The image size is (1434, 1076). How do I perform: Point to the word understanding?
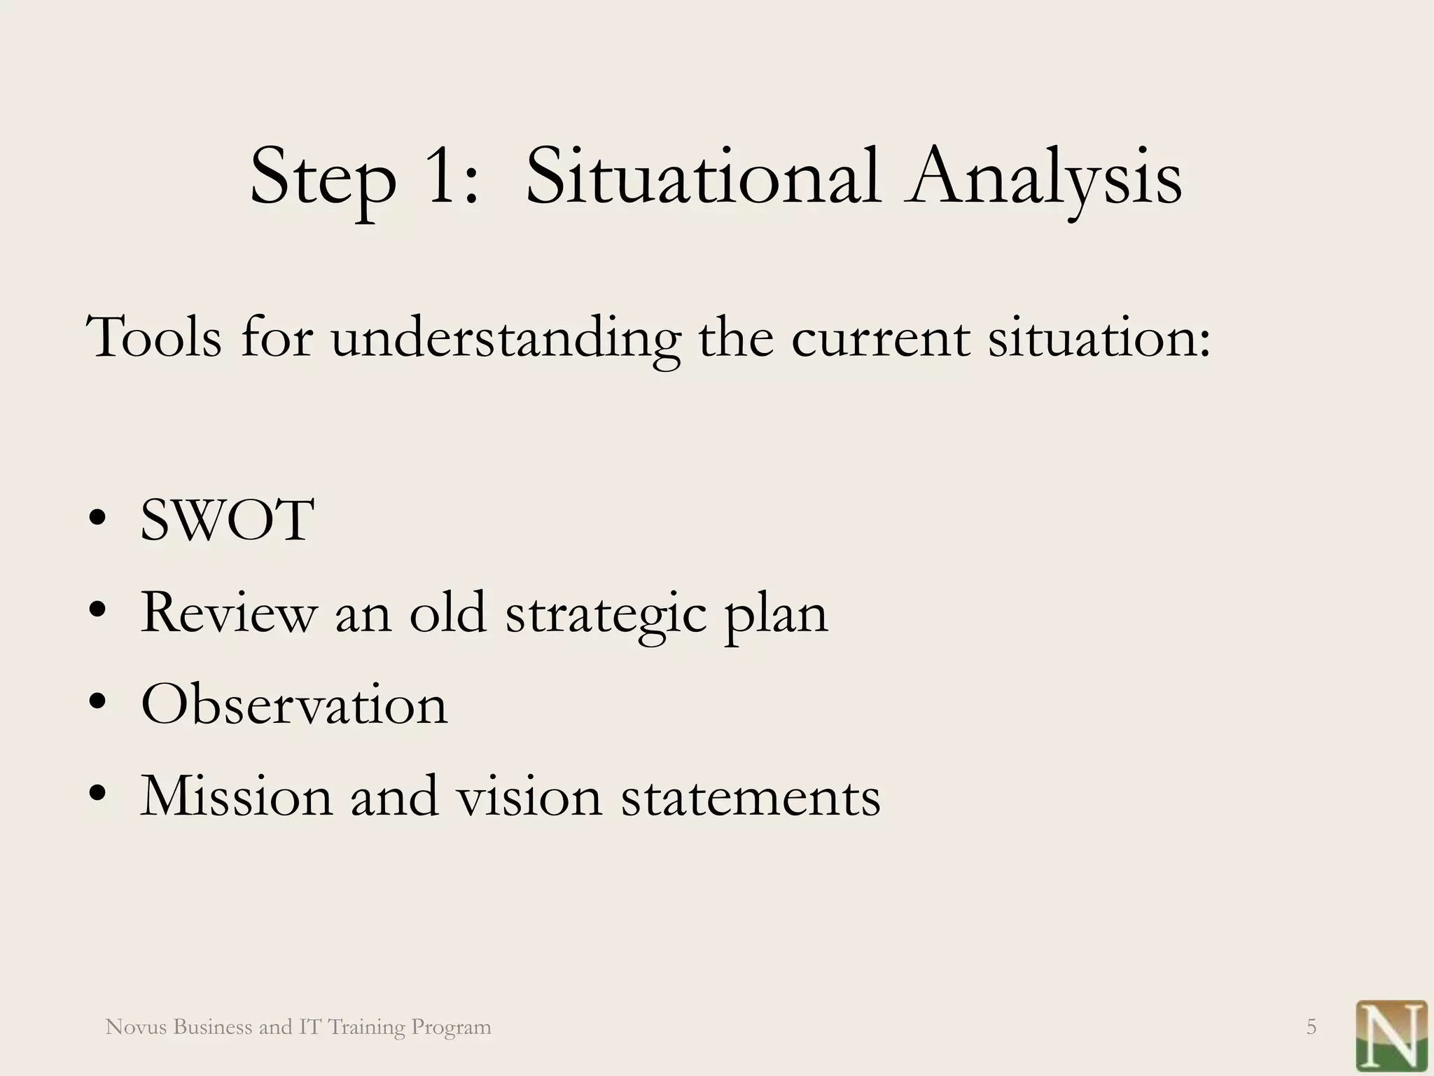pos(505,339)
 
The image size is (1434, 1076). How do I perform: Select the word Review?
pos(228,614)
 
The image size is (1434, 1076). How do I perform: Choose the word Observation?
pos(294,705)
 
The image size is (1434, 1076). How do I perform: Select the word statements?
pos(751,798)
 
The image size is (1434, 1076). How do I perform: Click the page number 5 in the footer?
pos(1311,1028)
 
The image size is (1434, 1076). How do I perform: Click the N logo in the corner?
pos(1391,1035)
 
